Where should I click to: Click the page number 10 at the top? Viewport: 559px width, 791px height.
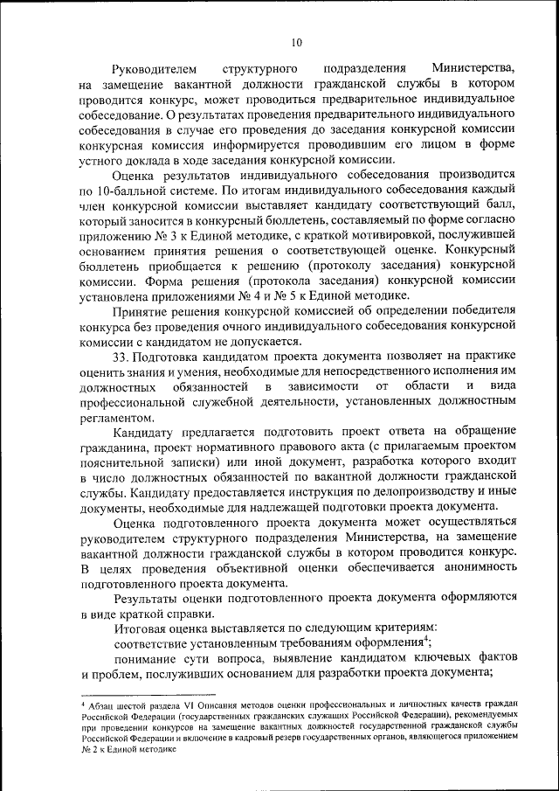coord(296,41)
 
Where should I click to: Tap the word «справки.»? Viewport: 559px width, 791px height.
coord(189,614)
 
